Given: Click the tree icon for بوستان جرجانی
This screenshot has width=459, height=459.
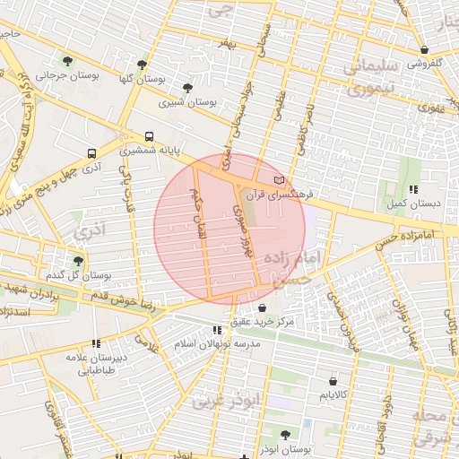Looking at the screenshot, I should tap(66, 61).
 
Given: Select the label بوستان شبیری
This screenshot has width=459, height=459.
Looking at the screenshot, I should tap(188, 102).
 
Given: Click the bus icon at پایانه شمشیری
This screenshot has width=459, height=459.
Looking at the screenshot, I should tap(149, 137).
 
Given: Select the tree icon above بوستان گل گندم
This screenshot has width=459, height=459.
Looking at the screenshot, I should tap(78, 261).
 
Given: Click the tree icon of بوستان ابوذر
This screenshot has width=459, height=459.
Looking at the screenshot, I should tap(284, 435).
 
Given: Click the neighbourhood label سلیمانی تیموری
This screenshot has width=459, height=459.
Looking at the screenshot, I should tap(363, 78).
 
